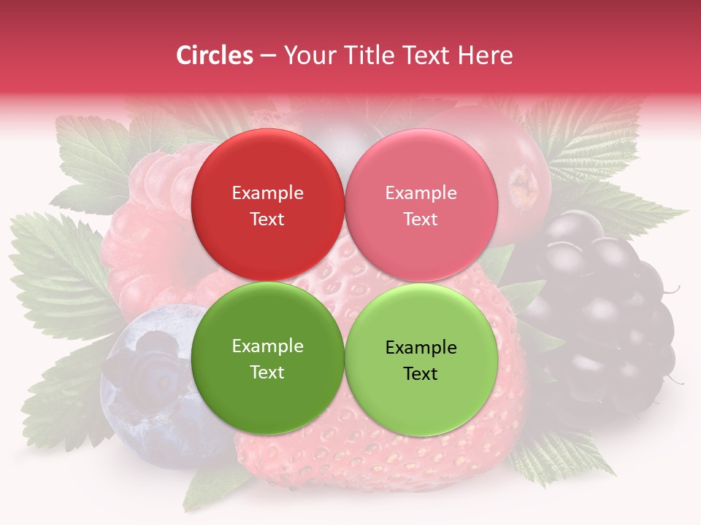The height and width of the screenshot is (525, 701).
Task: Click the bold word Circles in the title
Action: (214, 55)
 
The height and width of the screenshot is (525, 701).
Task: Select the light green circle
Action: (421, 397)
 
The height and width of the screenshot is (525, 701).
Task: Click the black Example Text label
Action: (421, 360)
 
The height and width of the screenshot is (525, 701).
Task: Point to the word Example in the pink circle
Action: (421, 193)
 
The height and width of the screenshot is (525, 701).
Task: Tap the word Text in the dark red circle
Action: (267, 219)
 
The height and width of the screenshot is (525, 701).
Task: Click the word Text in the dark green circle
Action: (267, 373)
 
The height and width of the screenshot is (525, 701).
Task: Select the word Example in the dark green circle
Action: (267, 346)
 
